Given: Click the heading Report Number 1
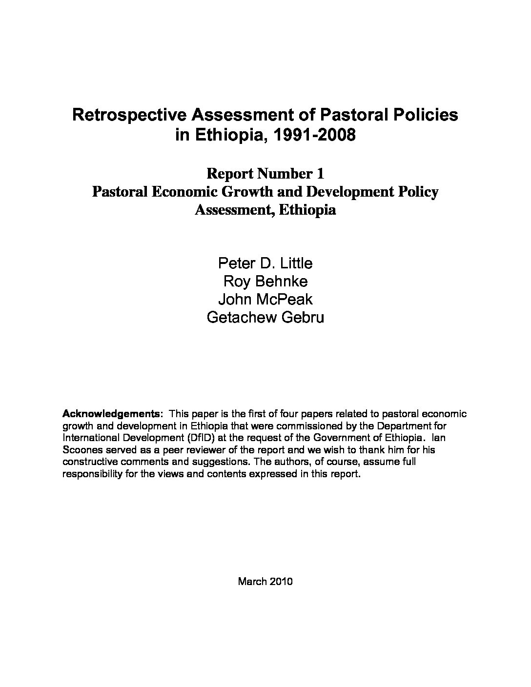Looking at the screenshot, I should coord(265,173).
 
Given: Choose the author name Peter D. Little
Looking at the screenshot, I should coord(265,263).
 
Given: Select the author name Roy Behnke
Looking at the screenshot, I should coord(265,282).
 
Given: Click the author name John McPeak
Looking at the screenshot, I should coord(265,300).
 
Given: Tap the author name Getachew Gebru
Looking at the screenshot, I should coord(265,318).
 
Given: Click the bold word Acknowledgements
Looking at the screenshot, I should coord(111,414).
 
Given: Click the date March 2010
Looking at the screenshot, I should coord(265,581).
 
